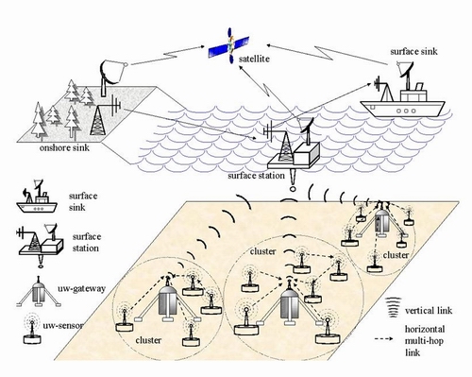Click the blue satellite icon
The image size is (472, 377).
click(x=229, y=46)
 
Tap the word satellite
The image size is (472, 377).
click(x=254, y=59)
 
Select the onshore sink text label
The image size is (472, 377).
click(x=64, y=147)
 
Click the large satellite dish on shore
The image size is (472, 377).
click(x=111, y=77)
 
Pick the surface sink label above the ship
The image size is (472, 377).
click(x=413, y=51)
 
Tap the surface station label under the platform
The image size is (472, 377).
click(x=256, y=176)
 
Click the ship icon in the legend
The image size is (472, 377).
click(x=37, y=198)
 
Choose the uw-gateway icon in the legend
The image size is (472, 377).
click(x=39, y=292)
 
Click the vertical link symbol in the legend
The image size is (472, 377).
click(x=393, y=308)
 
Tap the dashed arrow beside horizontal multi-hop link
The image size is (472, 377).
click(x=384, y=339)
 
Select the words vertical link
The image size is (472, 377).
click(x=429, y=311)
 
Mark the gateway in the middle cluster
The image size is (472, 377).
click(x=290, y=302)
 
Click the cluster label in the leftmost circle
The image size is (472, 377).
click(x=148, y=340)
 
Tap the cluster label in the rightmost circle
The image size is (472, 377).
click(x=396, y=255)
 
